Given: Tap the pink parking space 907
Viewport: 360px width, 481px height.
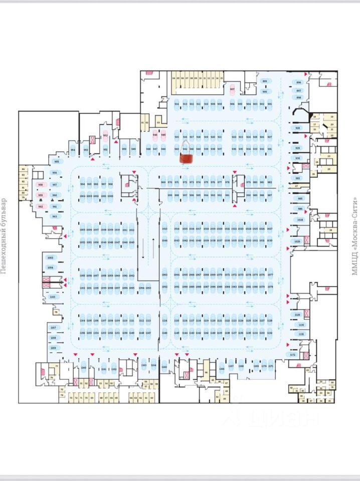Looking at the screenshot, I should pos(232,90).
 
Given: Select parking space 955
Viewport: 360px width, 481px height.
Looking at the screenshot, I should pos(56,162).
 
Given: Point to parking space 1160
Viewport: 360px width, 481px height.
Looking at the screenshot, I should pos(84,369).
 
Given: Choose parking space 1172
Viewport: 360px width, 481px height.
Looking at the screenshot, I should pos(293,355).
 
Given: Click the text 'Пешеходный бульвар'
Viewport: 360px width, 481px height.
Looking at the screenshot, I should pos(4,235).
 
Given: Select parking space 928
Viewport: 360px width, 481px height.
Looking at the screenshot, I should pos(297,128).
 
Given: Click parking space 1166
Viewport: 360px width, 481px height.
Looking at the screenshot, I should pos(222,369).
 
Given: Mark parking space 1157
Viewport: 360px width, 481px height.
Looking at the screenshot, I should pos(54,328).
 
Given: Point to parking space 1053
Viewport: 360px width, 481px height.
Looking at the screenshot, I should pos(50,258).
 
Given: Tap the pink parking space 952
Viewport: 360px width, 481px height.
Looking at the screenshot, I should pos(105,135).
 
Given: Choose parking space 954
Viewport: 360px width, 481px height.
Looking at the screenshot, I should pos(73,150).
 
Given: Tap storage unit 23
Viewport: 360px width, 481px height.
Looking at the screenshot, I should pos(329,156).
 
